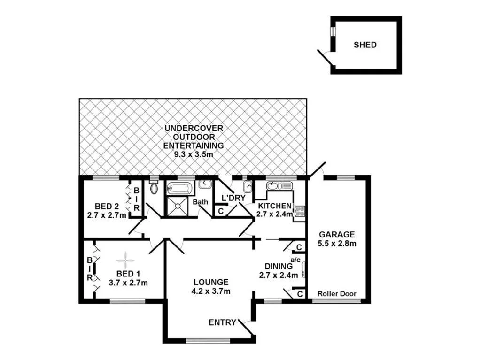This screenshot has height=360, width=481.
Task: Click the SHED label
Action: (365, 45)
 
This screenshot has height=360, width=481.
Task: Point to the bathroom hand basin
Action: (204, 184)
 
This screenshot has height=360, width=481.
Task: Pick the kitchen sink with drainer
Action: (279, 186)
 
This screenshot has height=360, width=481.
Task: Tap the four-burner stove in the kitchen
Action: (299, 212)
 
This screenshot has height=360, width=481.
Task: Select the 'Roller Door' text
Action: (337, 294)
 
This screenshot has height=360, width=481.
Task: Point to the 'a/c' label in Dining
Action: (295, 259)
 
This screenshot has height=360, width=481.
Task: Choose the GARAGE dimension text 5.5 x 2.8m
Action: (337, 243)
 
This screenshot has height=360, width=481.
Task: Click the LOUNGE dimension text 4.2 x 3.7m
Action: (211, 291)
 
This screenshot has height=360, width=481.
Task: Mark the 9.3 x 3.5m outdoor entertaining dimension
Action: (193, 153)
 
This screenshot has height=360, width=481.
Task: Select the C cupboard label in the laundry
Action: (220, 211)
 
